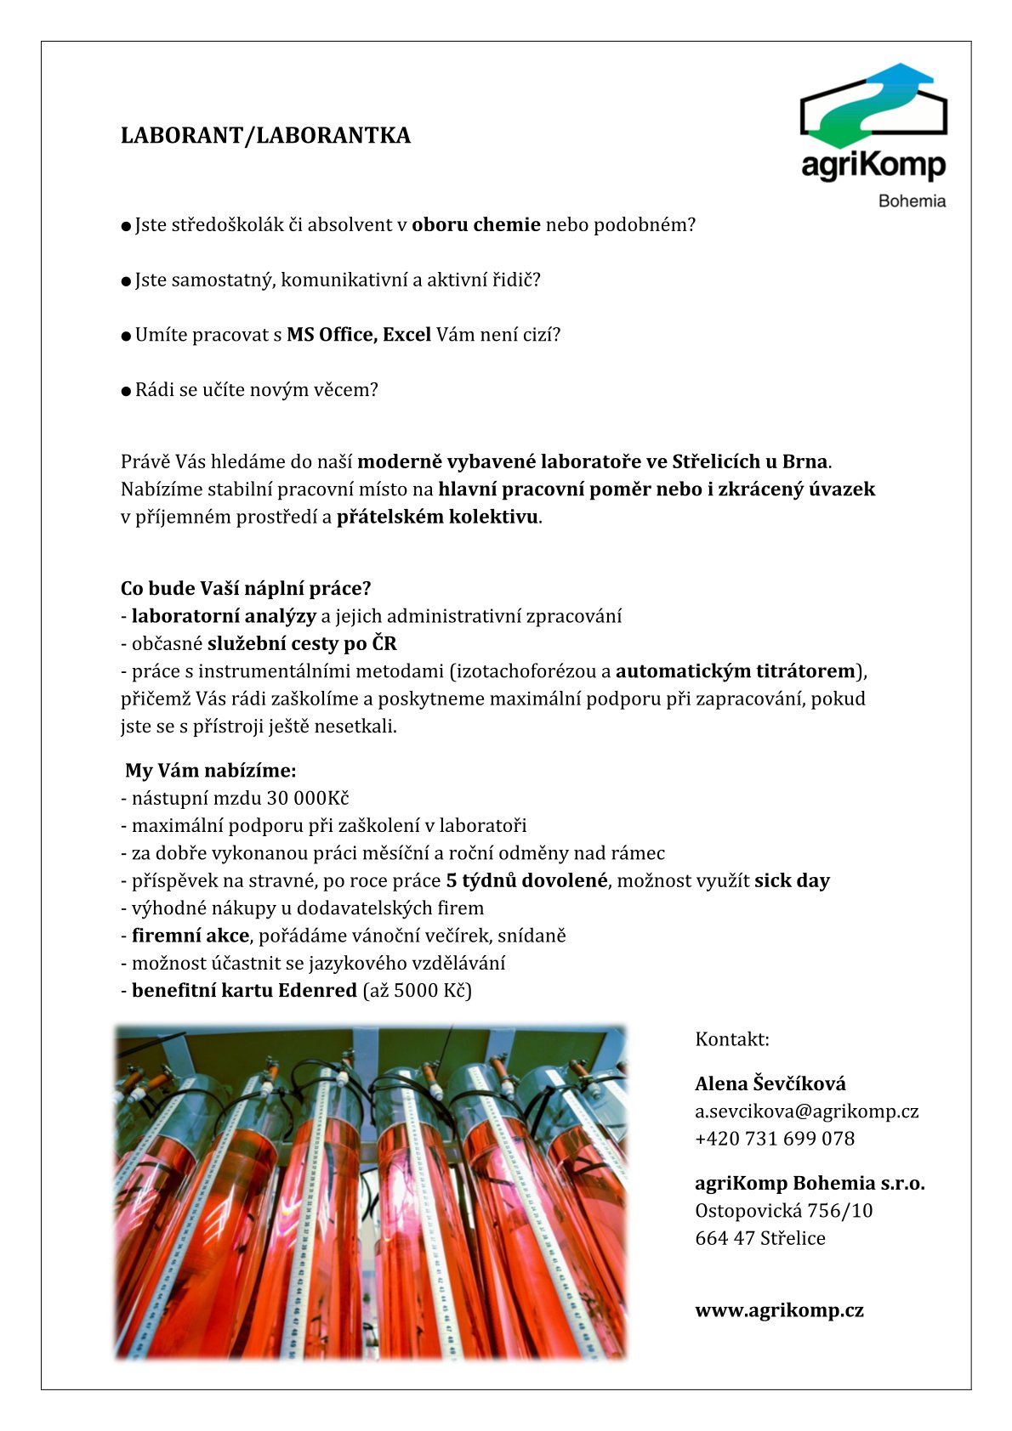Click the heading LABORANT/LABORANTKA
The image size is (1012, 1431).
(x=265, y=136)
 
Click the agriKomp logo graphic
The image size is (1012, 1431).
(x=873, y=105)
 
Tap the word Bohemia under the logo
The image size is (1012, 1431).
(x=912, y=201)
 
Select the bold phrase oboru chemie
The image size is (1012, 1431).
(x=476, y=225)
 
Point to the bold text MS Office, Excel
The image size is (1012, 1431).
(x=359, y=335)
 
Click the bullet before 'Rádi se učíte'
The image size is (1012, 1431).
(x=126, y=391)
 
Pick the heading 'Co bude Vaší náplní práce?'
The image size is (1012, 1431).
(x=246, y=588)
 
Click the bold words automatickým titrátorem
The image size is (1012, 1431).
(x=735, y=671)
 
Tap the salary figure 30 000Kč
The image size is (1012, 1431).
(x=307, y=798)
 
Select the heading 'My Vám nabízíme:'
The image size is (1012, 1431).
(x=211, y=771)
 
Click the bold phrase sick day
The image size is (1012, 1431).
(x=792, y=880)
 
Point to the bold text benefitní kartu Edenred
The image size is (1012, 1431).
(x=244, y=990)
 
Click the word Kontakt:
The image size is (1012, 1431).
(x=731, y=1039)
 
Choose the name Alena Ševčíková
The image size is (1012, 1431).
(x=770, y=1083)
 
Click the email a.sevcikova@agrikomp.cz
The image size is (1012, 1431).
(x=806, y=1111)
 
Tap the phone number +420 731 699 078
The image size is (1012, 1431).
(x=775, y=1139)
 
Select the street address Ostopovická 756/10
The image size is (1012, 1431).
(x=783, y=1211)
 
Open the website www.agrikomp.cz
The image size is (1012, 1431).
(x=779, y=1310)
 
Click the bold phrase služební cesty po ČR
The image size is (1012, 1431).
(x=302, y=643)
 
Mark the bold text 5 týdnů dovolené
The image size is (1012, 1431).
(x=526, y=880)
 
